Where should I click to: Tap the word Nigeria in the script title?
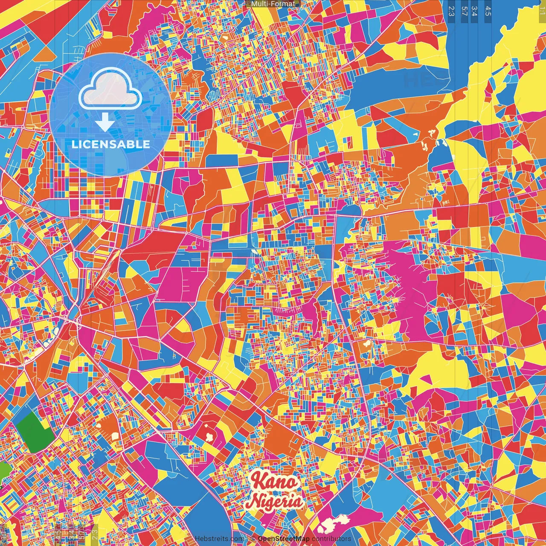coord(275,502)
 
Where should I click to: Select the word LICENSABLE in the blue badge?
coord(111,144)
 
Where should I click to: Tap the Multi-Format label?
coord(273,4)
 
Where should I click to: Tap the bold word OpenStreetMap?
coord(284,539)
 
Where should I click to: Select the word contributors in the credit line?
coord(331,539)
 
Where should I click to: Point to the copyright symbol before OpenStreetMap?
coord(253,539)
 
